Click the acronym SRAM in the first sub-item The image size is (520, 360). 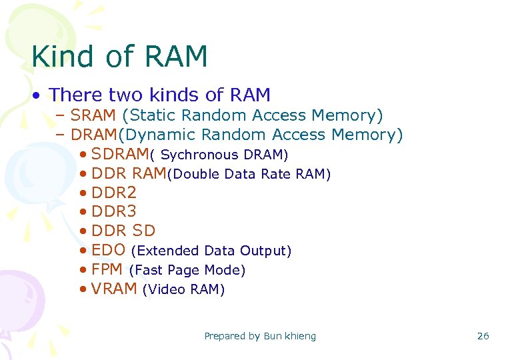(93, 115)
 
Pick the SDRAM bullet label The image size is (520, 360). (120, 154)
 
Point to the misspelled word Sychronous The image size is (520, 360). (199, 155)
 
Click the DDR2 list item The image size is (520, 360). (114, 193)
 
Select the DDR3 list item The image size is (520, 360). (114, 212)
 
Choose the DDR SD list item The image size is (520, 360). (123, 231)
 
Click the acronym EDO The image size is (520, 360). (109, 250)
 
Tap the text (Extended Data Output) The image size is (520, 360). (211, 251)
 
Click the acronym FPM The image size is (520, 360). (107, 269)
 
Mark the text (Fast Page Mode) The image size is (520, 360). (187, 271)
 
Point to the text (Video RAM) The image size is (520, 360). (184, 290)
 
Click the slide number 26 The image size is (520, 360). (483, 336)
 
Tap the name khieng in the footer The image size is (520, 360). (301, 336)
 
